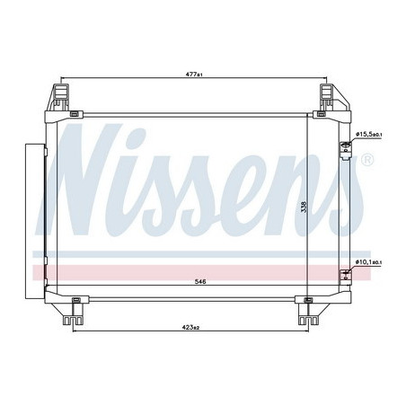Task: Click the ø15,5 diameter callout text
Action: click(x=369, y=134)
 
